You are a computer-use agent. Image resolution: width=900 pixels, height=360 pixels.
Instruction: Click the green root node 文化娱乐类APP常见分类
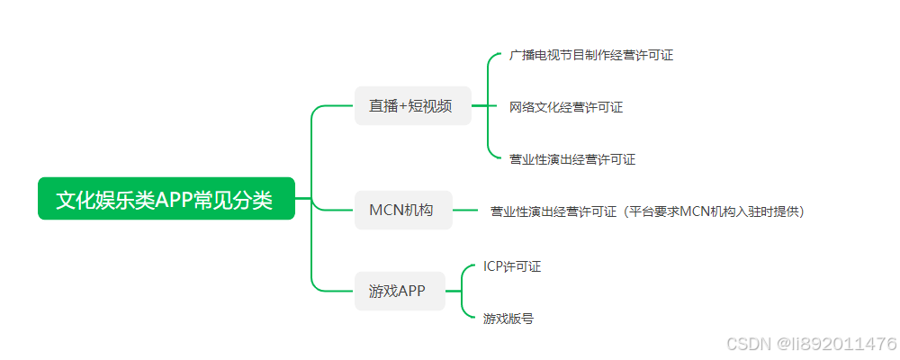coord(166,199)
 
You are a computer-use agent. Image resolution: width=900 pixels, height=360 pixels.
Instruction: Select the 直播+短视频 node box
coord(413,105)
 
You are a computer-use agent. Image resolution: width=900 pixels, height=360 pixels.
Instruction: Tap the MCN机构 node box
coord(402,211)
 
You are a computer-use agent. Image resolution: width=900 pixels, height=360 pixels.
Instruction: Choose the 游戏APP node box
coord(400,291)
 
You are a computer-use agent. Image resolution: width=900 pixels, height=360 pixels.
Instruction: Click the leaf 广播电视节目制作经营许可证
coord(590,55)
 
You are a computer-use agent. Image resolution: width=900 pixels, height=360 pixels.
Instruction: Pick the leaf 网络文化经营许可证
coord(565,107)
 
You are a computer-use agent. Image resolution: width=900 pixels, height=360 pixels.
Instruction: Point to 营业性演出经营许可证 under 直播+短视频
coord(571,159)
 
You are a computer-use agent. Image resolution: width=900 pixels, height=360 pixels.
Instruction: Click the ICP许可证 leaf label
coord(511,266)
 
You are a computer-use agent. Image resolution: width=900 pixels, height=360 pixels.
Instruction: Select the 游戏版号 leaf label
coord(508,319)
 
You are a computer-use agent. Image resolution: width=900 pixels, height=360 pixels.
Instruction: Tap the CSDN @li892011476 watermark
coord(810,344)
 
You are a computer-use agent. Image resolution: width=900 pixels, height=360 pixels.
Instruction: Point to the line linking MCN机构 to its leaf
coord(464,211)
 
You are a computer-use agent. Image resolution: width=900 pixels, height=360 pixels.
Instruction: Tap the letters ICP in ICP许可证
coord(492,266)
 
